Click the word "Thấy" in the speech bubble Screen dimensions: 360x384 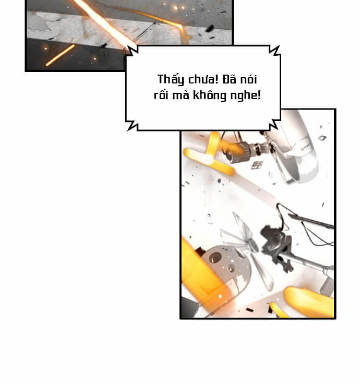[171, 80]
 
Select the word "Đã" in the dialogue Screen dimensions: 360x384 [229, 79]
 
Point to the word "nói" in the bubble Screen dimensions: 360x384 [248, 79]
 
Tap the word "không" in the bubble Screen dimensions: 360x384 [209, 95]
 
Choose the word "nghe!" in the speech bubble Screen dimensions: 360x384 [245, 95]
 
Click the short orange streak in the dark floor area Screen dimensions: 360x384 [60, 55]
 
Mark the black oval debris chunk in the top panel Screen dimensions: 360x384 [209, 29]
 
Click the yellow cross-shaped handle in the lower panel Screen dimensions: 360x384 [210, 155]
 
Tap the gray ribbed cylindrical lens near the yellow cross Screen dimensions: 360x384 [239, 152]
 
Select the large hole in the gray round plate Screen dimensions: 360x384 [215, 257]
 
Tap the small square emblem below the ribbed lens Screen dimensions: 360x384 [257, 165]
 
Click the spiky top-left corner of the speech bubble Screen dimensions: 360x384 [128, 48]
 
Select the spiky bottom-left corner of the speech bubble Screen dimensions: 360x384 [128, 129]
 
